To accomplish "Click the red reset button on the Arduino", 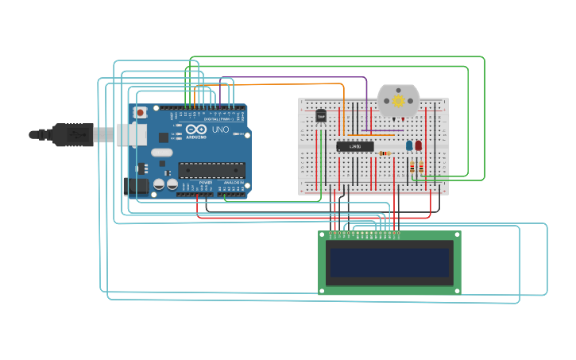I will [x=141, y=113].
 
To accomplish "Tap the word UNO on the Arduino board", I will [x=220, y=130].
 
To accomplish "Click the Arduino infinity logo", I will [x=197, y=129].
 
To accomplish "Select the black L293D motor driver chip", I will [x=354, y=146].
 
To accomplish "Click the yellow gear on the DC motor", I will [x=398, y=101].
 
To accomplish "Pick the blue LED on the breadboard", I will [x=409, y=145].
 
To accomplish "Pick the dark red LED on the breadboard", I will [x=419, y=145].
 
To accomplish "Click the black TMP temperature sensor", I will [x=321, y=116].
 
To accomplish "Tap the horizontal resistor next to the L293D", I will [x=385, y=153].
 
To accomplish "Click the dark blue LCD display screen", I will [x=389, y=262].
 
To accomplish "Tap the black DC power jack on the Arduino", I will [x=136, y=187].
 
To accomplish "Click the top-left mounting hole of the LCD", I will [x=323, y=235].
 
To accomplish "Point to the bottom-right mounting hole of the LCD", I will [x=457, y=290].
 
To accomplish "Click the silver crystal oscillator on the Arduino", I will [x=161, y=153].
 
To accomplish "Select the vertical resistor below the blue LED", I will [x=412, y=167].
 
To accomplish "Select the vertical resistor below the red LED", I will [x=419, y=167].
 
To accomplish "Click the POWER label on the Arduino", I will [x=205, y=183].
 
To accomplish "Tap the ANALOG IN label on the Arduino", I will [x=233, y=183].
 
